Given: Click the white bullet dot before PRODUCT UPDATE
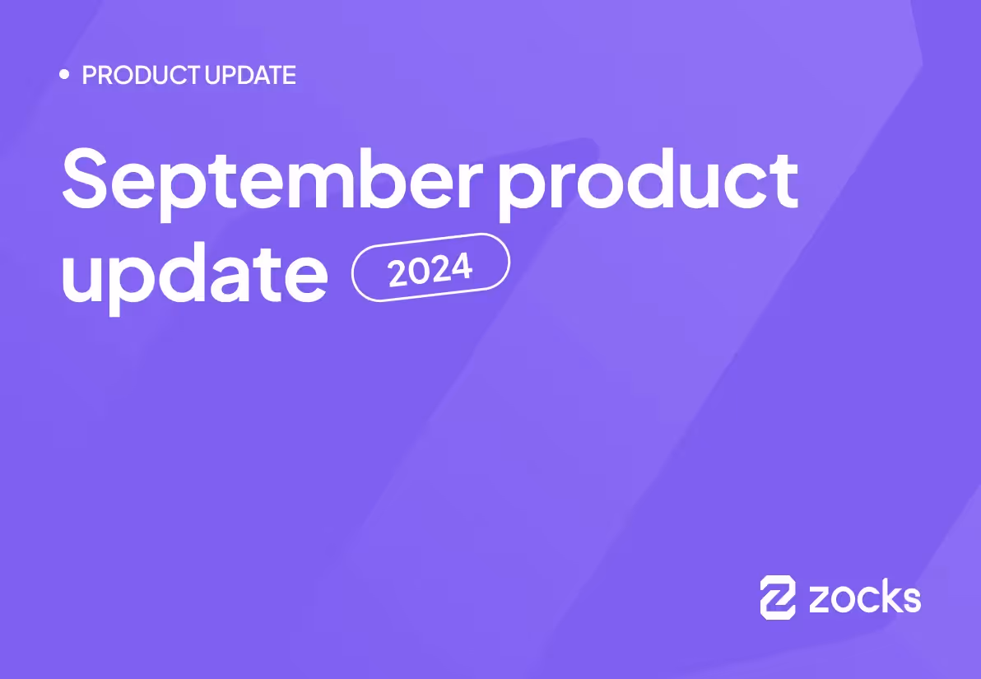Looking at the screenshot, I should pyautogui.click(x=65, y=75).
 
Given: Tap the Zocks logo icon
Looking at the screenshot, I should pyautogui.click(x=778, y=597).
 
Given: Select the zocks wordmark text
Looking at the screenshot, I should pyautogui.click(x=865, y=597).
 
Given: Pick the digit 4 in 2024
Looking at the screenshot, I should pyautogui.click(x=461, y=266).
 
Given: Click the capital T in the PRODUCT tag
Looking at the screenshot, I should pyautogui.click(x=193, y=76).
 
